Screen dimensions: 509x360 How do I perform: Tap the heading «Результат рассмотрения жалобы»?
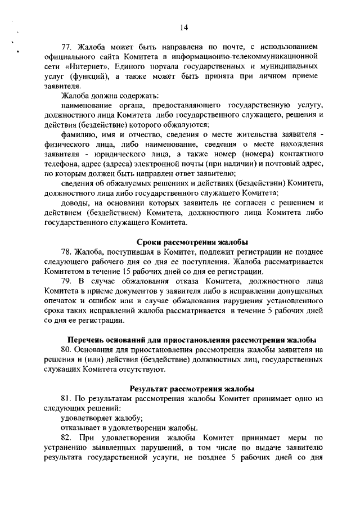[x=192, y=388]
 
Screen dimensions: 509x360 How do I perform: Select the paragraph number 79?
[x=66, y=282]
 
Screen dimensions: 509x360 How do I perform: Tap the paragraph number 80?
[x=66, y=350]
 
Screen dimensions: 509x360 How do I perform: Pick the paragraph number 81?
[x=66, y=398]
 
